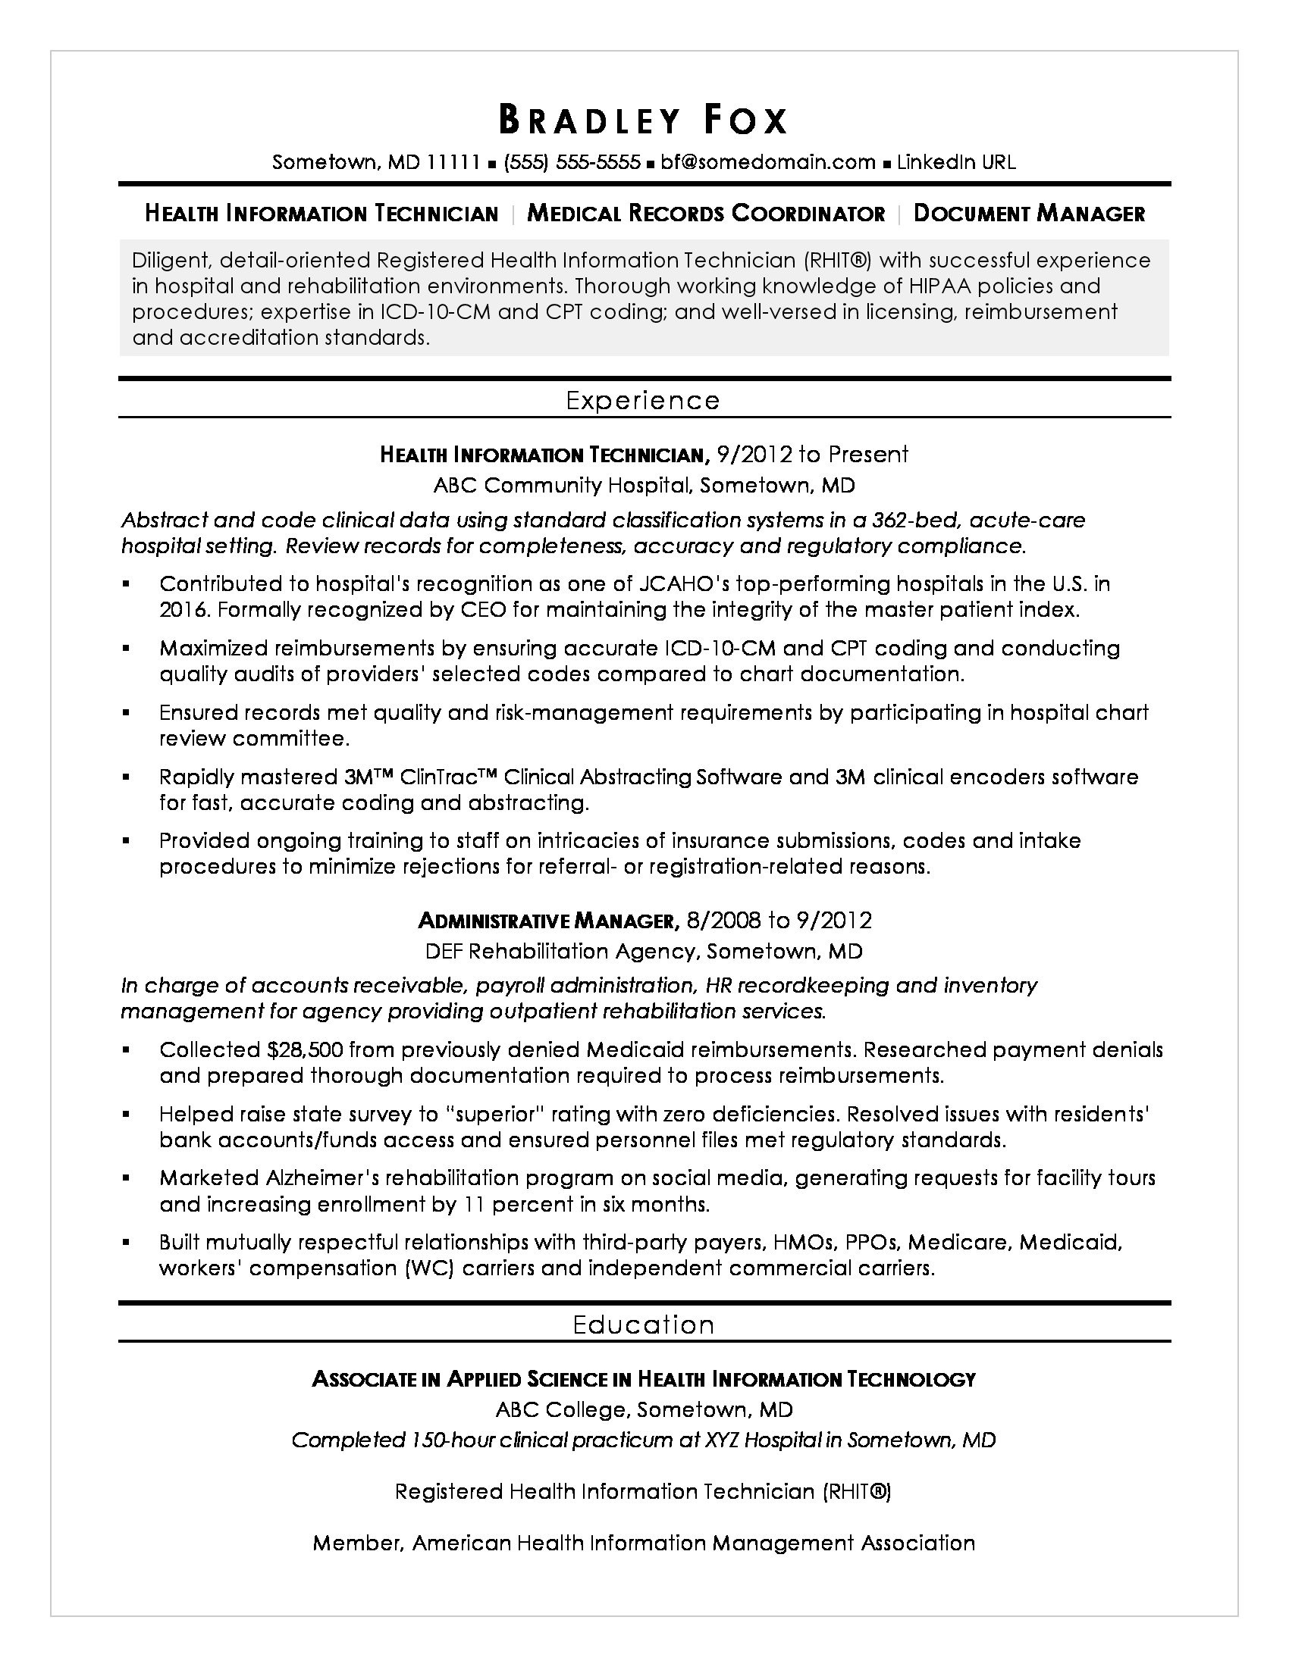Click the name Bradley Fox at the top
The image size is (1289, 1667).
click(644, 120)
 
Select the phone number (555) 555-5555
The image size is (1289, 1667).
click(571, 162)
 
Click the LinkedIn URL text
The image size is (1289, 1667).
click(956, 162)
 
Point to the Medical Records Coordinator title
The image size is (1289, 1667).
click(706, 214)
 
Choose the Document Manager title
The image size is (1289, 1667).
click(1029, 214)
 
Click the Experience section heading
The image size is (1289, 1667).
click(643, 401)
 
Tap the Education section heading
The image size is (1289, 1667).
click(644, 1325)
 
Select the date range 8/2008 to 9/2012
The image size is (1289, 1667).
click(779, 921)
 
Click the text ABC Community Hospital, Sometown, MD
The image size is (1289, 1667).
click(644, 486)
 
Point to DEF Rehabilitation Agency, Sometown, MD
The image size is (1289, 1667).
click(644, 951)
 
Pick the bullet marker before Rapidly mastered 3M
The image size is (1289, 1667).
click(127, 777)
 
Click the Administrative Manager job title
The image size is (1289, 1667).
click(547, 921)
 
